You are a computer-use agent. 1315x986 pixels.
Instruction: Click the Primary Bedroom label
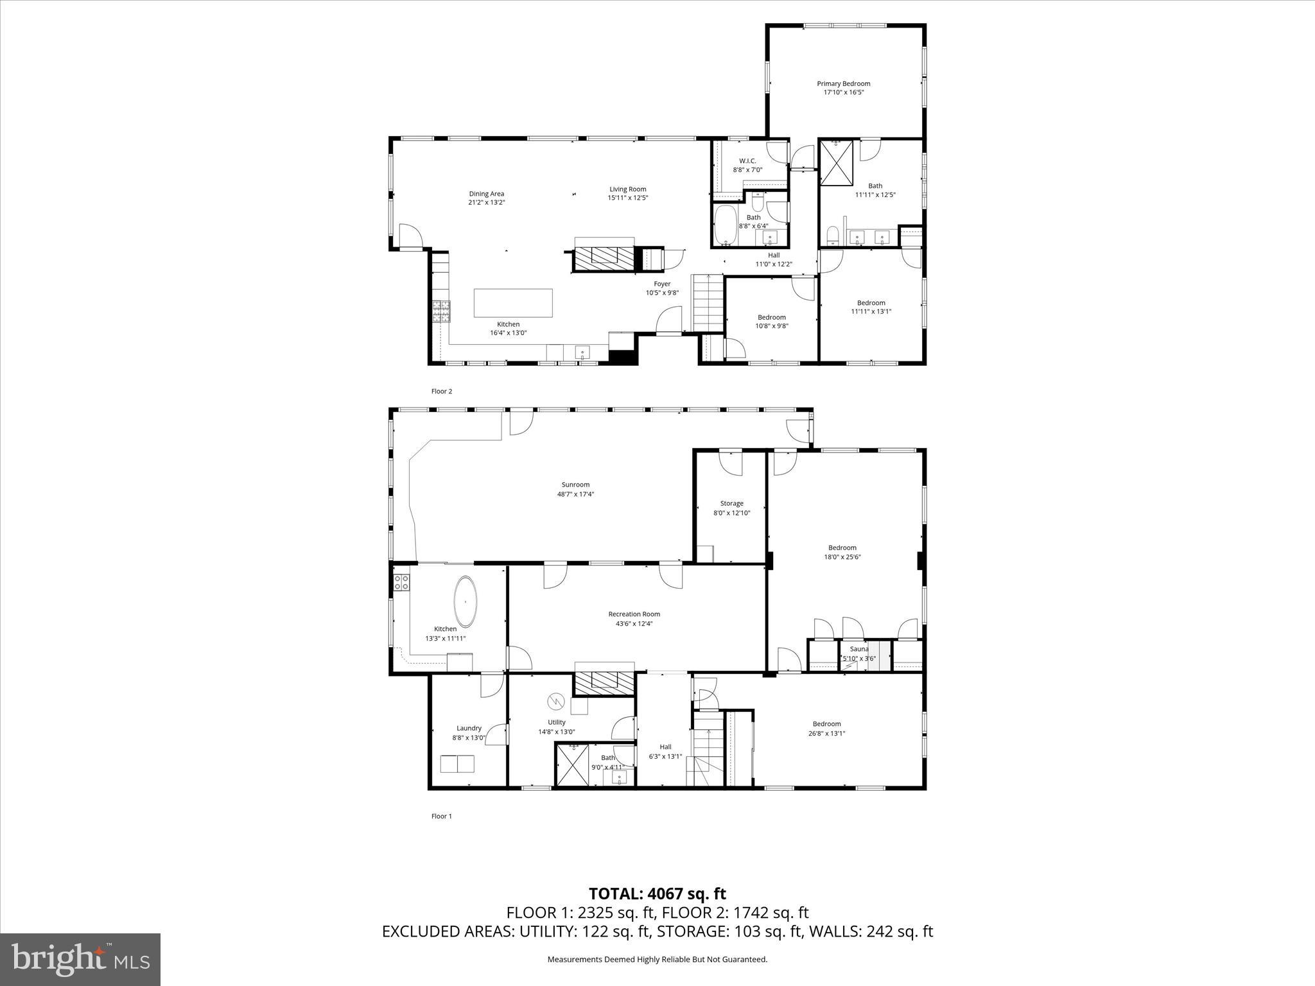tap(843, 83)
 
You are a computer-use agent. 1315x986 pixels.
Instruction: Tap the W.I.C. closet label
tap(747, 160)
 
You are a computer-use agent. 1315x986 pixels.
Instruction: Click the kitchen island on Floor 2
tap(513, 303)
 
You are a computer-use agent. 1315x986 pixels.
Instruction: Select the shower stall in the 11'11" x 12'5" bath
tap(837, 162)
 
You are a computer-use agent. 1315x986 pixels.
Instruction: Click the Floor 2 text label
tap(442, 391)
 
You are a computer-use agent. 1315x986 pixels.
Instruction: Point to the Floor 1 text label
tap(442, 816)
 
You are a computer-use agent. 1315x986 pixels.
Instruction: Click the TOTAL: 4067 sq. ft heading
tap(657, 894)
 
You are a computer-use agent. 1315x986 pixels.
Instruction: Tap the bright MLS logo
tap(80, 959)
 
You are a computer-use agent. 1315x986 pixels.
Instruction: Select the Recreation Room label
tap(634, 614)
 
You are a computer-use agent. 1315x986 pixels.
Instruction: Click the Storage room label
tap(731, 503)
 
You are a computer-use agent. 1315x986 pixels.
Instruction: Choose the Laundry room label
tap(469, 728)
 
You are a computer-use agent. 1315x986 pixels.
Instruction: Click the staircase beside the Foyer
tap(708, 302)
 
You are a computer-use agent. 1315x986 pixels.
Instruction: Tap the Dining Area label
tap(486, 193)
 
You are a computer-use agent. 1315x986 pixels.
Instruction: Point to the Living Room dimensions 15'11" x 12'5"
tap(627, 198)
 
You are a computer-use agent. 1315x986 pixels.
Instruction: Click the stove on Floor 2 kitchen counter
tap(441, 311)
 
